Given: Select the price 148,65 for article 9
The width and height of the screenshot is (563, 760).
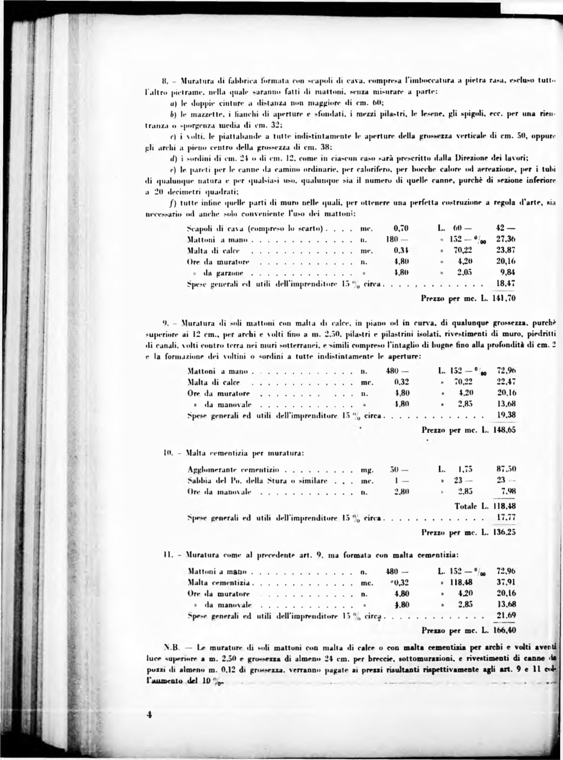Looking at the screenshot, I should click(x=504, y=430).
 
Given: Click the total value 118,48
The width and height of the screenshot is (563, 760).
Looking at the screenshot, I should click(x=504, y=506).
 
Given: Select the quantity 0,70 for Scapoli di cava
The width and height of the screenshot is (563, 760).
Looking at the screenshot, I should click(x=401, y=228).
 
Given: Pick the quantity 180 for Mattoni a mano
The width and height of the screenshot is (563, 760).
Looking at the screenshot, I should click(x=393, y=240).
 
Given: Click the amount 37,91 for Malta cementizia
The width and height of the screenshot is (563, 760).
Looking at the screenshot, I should click(x=506, y=582).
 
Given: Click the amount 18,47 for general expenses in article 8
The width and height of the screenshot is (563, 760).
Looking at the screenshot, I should click(x=506, y=283).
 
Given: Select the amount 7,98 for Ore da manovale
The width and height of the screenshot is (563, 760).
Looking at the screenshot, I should click(x=507, y=491).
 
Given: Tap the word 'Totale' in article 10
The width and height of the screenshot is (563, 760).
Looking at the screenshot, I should click(x=466, y=506).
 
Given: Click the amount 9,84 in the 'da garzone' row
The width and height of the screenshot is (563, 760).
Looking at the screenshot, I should click(x=507, y=272).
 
